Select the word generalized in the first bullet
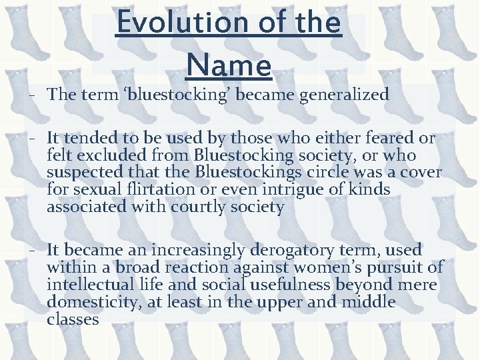pos(344,95)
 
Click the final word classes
pos(73,320)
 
